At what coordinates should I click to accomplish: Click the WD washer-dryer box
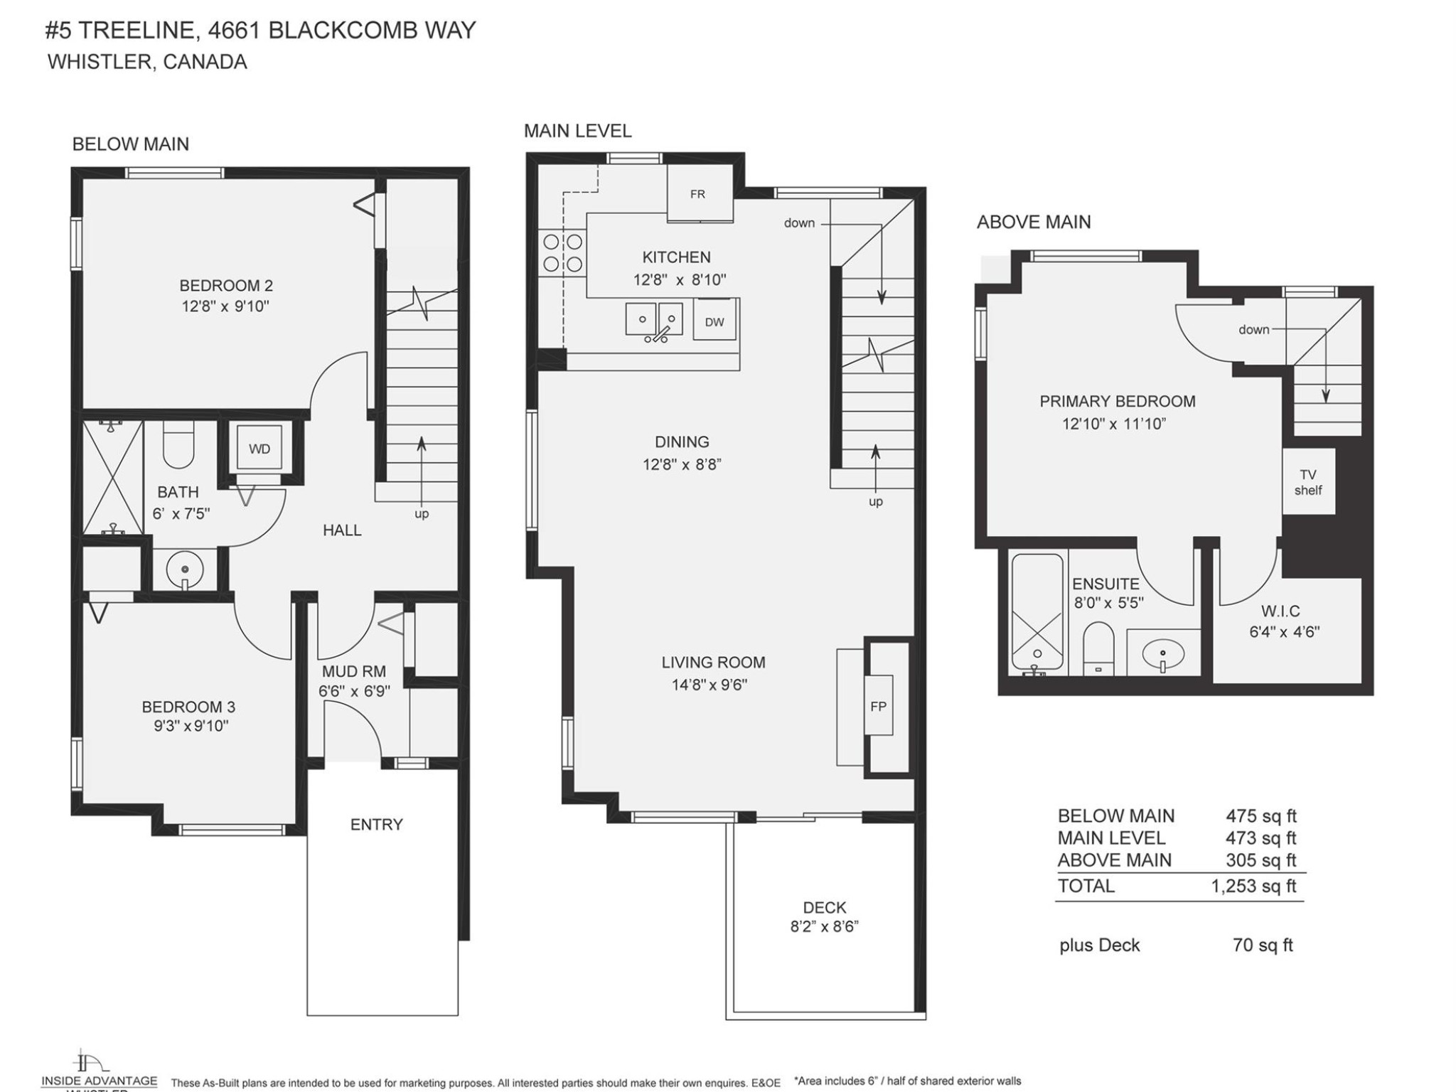click(259, 449)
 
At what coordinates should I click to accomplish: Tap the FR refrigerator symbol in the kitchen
click(698, 193)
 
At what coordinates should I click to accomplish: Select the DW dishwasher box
click(714, 321)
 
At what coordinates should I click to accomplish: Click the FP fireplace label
click(879, 706)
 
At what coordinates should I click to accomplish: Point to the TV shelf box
click(1308, 482)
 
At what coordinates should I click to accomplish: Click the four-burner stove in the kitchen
click(562, 253)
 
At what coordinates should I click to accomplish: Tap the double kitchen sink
click(654, 319)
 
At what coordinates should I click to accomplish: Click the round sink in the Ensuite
click(1163, 652)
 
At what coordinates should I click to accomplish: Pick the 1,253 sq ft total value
click(1254, 886)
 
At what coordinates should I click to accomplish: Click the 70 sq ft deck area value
click(1263, 945)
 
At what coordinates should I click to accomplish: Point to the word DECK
click(825, 907)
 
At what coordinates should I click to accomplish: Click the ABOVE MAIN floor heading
click(1034, 222)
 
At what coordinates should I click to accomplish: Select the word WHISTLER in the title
click(100, 62)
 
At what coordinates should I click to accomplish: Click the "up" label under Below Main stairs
click(422, 513)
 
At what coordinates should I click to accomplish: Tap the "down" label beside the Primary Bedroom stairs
click(1253, 329)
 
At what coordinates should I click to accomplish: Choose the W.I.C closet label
click(1280, 611)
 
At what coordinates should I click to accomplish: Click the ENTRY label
click(376, 824)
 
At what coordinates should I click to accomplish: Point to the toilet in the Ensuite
click(1099, 647)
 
